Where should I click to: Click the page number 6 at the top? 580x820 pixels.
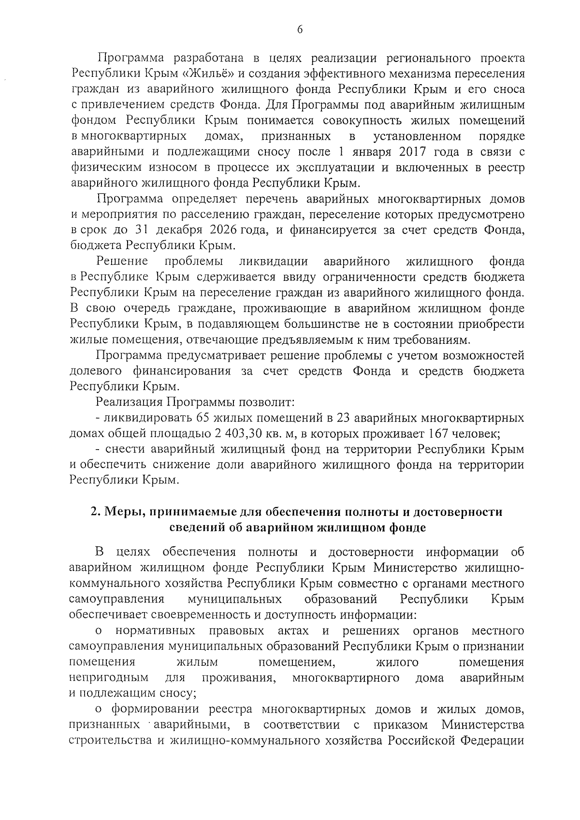(299, 29)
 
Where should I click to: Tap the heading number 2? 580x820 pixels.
(95, 512)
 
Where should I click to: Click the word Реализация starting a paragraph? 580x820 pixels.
(129, 402)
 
